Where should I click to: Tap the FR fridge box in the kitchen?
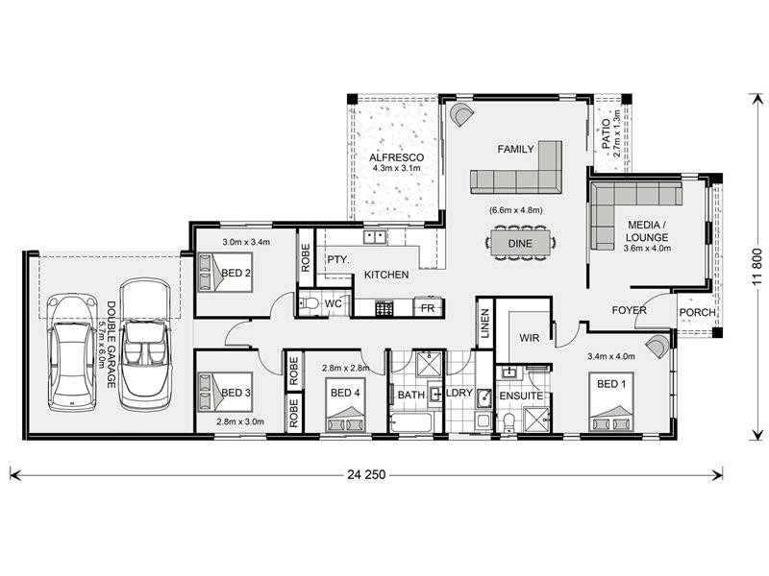(x=429, y=307)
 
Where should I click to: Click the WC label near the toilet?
(x=334, y=304)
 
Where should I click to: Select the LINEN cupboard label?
(x=484, y=324)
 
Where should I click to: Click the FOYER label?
(x=630, y=310)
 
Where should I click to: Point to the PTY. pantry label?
(x=336, y=259)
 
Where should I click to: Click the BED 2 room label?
(x=236, y=272)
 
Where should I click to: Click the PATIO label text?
(x=607, y=130)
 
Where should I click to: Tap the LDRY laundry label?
(x=459, y=394)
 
